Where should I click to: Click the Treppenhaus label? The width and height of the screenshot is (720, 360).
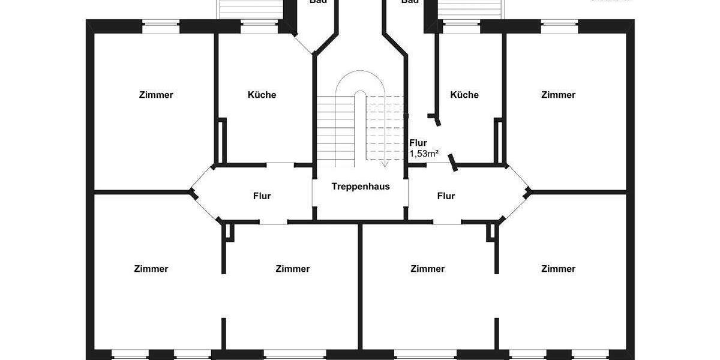click(361, 186)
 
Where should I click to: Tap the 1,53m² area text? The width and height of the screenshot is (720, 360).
click(424, 154)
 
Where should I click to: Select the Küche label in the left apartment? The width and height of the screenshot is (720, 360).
click(262, 95)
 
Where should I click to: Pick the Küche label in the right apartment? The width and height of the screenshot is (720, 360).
click(464, 95)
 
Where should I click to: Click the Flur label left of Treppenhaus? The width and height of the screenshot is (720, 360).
click(262, 196)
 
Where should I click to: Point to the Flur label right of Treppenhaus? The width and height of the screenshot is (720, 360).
click(446, 196)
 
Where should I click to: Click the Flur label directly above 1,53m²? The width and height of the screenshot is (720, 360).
click(418, 143)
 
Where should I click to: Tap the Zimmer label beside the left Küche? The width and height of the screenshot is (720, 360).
click(156, 95)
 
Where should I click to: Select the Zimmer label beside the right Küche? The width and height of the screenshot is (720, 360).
click(558, 95)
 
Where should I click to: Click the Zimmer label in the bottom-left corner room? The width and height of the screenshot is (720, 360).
click(151, 269)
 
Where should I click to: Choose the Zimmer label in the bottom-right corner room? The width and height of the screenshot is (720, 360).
click(558, 269)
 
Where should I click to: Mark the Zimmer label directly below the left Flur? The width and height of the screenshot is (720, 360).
click(293, 269)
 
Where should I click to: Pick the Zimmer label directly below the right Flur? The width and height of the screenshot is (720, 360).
click(428, 269)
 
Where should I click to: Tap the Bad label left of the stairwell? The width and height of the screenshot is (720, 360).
click(318, 2)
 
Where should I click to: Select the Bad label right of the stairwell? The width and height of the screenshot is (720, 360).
click(410, 2)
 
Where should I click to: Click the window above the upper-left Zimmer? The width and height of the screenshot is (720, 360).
click(161, 26)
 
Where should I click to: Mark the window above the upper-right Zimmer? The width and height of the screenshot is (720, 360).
click(559, 26)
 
